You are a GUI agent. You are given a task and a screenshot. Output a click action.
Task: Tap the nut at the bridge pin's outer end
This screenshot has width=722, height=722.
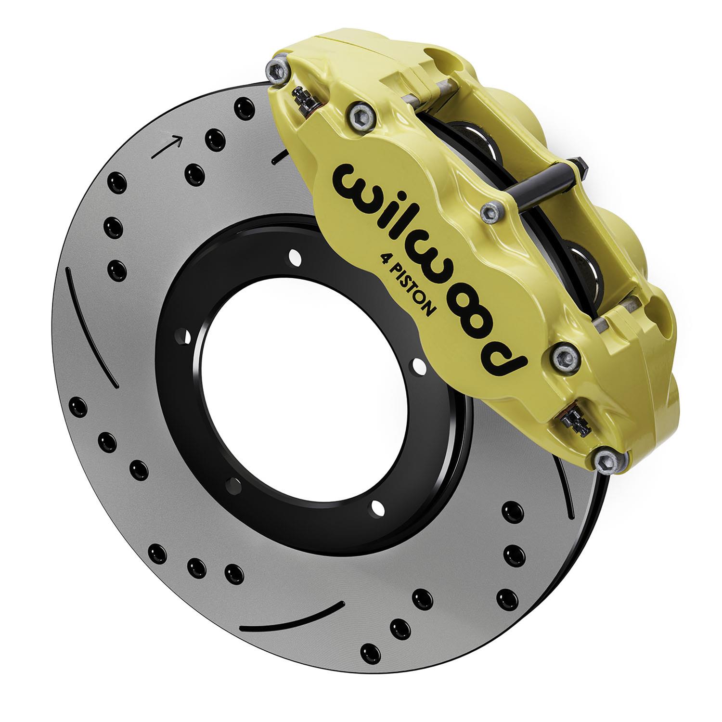point(580,167)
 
